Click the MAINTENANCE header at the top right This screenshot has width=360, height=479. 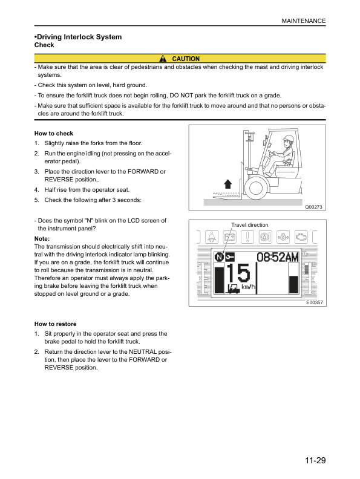[304, 21]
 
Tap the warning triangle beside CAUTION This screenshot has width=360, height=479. [163, 59]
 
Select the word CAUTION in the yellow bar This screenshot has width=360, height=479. [186, 59]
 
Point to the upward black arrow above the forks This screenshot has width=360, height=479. [228, 184]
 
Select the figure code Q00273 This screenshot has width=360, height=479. [315, 207]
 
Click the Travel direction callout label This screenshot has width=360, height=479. [249, 225]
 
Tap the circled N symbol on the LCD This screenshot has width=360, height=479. [218, 258]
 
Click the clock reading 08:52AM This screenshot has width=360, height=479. [278, 258]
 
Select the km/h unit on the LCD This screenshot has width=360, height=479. [248, 286]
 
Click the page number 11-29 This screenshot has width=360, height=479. [315, 461]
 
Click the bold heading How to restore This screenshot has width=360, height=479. [55, 324]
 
